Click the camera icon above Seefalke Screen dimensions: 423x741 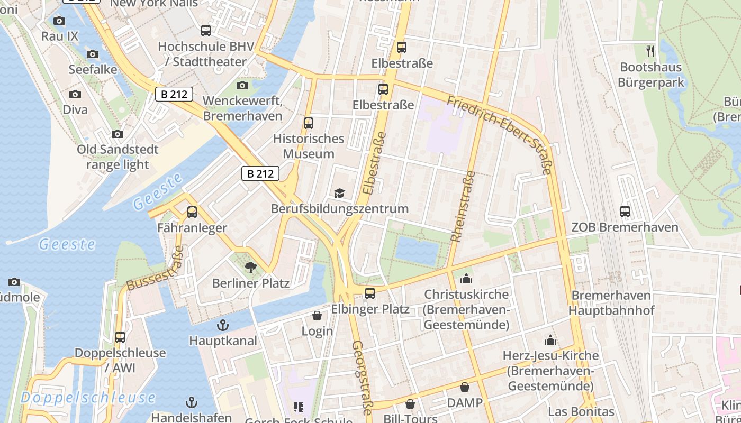93,54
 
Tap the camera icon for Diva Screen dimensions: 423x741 75,94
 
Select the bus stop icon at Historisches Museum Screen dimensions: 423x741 309,123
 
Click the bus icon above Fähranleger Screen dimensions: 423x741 192,212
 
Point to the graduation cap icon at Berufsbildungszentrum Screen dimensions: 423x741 339,193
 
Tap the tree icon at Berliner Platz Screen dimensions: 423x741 251,267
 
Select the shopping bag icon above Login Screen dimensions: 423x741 317,316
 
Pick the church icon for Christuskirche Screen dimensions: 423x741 466,278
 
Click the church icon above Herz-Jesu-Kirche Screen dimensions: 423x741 550,339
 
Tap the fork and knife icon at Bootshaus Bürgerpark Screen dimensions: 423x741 651,51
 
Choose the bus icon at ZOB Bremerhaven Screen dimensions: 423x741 625,212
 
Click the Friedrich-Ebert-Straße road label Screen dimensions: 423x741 500,134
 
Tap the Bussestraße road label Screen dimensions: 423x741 155,269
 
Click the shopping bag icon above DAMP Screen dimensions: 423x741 465,387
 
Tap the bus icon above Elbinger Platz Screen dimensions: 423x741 370,293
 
